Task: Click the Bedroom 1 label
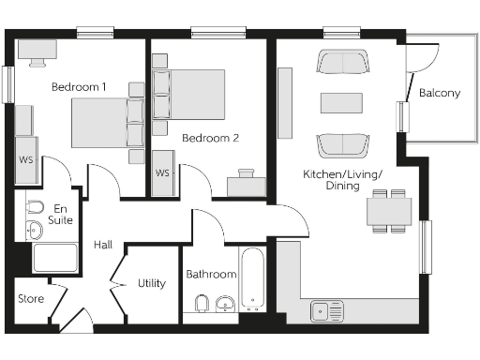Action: point(79,87)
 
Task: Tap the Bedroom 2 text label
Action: point(210,138)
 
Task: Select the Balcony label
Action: point(439,93)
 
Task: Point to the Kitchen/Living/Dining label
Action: point(342,180)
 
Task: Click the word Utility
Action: point(151,282)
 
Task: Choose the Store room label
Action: point(31,299)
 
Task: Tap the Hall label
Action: point(103,245)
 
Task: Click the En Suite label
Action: point(62,214)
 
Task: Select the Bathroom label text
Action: point(210,275)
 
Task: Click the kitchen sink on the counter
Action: point(328,309)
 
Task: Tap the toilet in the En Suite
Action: point(36,206)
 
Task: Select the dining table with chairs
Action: point(388,211)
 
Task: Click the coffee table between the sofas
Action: point(341,102)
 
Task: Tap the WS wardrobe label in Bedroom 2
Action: point(162,173)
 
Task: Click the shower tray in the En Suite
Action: point(54,257)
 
